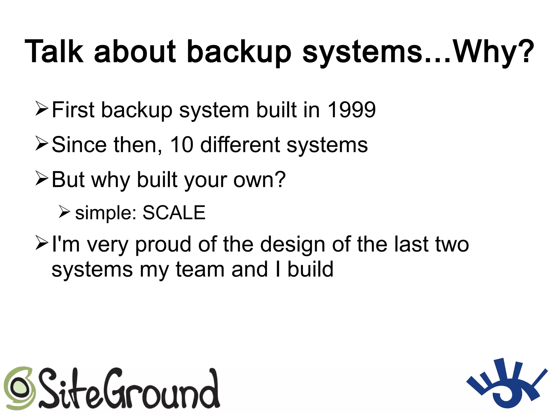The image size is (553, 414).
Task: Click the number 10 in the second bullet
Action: click(182, 145)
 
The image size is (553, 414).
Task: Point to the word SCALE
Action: click(174, 213)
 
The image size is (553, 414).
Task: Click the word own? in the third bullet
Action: click(259, 180)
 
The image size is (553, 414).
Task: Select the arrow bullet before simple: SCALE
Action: click(65, 211)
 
